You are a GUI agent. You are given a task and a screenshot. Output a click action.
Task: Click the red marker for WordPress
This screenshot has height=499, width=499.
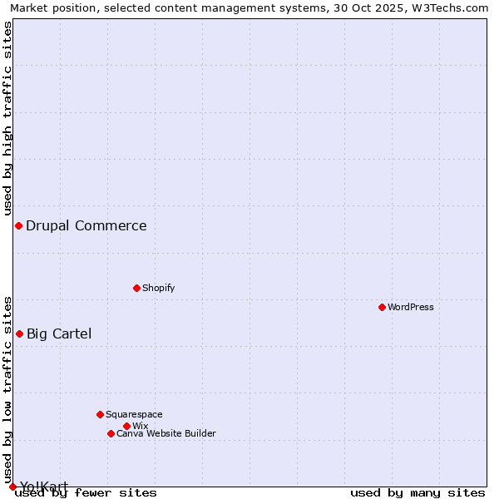tap(382, 307)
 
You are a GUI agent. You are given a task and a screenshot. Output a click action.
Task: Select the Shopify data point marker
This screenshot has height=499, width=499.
tap(136, 288)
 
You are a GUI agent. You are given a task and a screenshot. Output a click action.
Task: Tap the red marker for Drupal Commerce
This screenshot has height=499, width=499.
tap(18, 225)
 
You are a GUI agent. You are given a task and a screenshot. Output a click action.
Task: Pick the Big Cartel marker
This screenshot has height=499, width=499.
tap(19, 333)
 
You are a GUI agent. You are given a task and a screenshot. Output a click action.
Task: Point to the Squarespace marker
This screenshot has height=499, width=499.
tap(100, 414)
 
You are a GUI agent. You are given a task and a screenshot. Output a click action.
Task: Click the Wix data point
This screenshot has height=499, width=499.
tap(126, 426)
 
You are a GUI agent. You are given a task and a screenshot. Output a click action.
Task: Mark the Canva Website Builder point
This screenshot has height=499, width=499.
tap(111, 433)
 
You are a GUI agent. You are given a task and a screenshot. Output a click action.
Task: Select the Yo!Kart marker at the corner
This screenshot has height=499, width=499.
tap(12, 487)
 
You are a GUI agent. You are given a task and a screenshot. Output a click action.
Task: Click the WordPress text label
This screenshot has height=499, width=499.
tap(411, 307)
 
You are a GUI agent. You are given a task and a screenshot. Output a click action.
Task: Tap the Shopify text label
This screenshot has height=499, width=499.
tap(158, 288)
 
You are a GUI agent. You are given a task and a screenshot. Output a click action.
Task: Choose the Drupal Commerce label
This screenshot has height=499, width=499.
tap(86, 225)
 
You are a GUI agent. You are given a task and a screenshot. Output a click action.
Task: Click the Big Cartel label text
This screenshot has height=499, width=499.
tap(59, 333)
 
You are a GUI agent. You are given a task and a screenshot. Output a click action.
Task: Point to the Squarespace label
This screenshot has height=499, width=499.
tap(134, 414)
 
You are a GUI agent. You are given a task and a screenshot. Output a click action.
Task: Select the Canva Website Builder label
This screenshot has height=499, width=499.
tap(166, 433)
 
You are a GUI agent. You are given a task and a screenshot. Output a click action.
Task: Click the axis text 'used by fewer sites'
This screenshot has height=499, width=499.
tap(86, 492)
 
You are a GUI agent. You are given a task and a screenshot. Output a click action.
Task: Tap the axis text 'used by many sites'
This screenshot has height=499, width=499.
tap(417, 492)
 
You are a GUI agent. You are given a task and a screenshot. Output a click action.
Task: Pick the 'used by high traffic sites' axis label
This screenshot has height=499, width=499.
tap(7, 118)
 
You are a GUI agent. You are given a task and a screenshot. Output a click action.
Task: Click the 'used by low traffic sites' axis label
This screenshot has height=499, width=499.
tap(7, 389)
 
